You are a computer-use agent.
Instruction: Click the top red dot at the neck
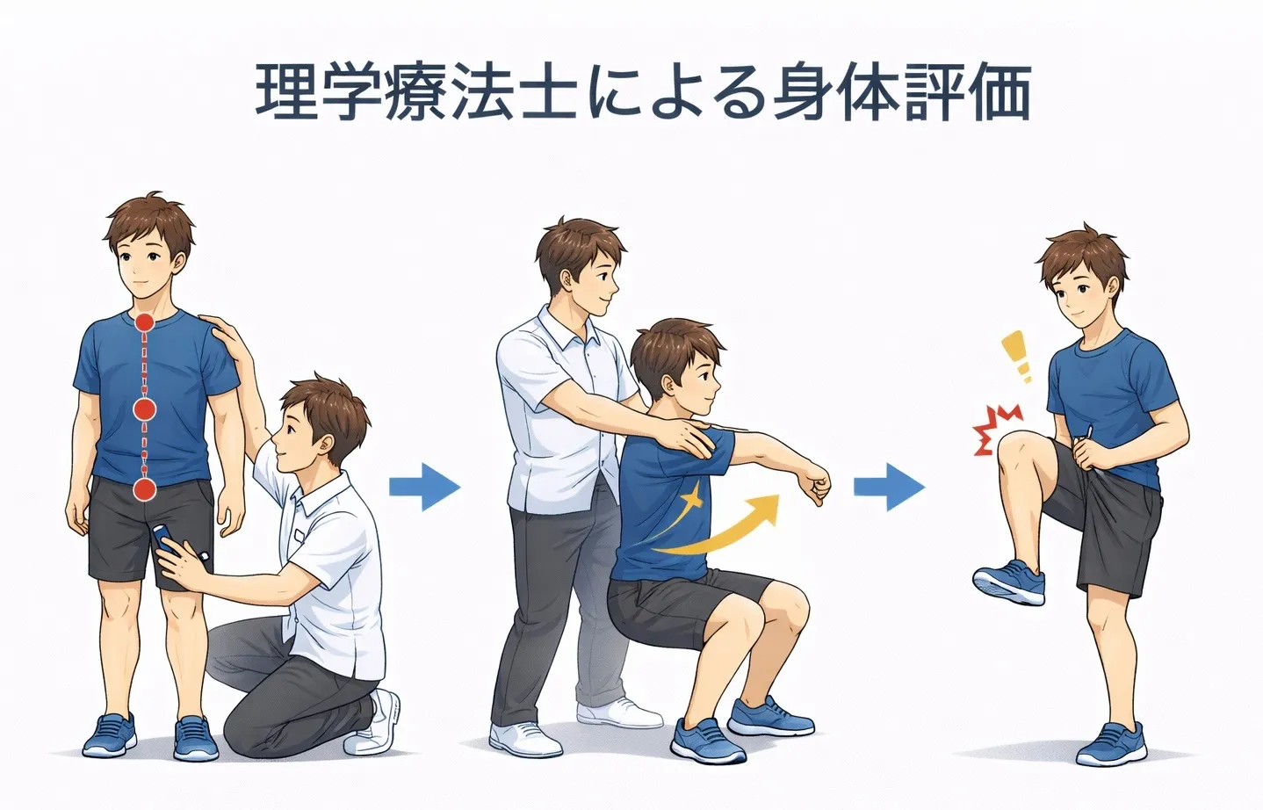144,322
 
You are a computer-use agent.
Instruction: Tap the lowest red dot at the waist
144,489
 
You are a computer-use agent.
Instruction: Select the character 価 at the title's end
1000,92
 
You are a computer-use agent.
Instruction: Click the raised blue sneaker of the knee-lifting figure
1009,582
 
